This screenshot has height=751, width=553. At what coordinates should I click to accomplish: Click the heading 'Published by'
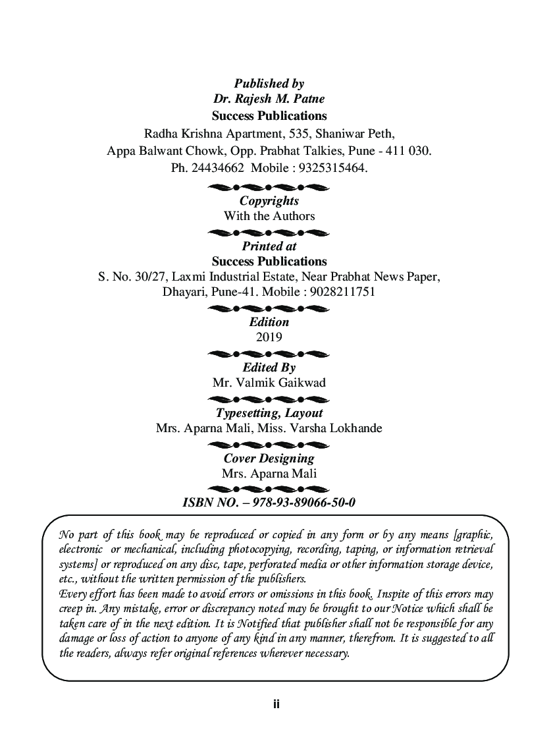coord(269,84)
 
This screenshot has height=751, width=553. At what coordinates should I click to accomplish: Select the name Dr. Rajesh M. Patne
coord(269,99)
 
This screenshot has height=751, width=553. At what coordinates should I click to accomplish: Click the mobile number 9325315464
coord(332,167)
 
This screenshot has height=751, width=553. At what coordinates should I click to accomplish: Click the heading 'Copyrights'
coord(269,201)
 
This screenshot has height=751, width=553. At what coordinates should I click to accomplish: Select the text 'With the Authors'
coord(269,216)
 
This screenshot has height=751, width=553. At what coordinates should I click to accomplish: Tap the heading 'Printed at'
coord(269,246)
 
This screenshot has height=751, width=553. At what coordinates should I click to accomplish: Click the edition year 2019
coord(269,337)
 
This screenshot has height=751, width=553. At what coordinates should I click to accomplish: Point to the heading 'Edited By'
coord(269,368)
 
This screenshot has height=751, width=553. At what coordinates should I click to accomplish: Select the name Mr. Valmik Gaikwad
coord(269,383)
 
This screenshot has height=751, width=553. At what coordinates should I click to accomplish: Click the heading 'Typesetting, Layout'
coord(269,413)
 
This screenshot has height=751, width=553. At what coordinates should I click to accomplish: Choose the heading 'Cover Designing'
coord(269,459)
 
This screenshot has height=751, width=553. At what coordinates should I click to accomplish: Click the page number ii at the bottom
coord(276,704)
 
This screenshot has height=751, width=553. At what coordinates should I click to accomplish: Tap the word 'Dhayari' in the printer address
coord(182,291)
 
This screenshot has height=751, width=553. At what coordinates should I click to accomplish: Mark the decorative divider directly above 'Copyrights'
coord(269,188)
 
